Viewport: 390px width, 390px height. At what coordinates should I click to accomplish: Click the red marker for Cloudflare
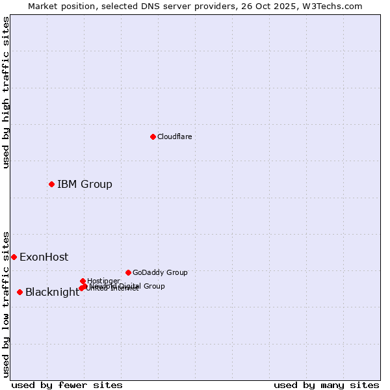(153, 136)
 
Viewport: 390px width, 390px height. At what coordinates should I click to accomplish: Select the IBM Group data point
(51, 184)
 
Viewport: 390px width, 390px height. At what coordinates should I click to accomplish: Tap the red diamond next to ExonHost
(14, 257)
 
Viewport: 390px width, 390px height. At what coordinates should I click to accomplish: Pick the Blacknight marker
(19, 292)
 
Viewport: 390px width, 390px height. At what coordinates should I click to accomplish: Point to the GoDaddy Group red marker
(128, 272)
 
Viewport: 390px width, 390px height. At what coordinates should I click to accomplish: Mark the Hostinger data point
(83, 281)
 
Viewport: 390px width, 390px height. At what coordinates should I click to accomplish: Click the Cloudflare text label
(174, 136)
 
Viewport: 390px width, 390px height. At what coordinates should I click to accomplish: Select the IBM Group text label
(84, 184)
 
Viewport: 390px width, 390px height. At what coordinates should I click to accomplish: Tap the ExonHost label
(44, 257)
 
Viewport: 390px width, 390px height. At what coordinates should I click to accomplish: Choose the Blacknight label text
(52, 292)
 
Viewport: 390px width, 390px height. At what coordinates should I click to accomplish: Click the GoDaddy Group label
(160, 272)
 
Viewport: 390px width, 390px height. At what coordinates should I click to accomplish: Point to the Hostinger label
(103, 281)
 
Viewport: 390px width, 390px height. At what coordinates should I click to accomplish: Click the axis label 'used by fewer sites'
(67, 385)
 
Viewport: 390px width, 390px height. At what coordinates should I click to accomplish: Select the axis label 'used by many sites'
(326, 385)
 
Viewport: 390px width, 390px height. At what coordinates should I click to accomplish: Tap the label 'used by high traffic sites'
(6, 92)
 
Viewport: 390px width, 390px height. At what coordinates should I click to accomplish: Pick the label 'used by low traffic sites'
(6, 304)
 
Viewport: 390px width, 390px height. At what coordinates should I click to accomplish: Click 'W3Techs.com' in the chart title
(335, 6)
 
